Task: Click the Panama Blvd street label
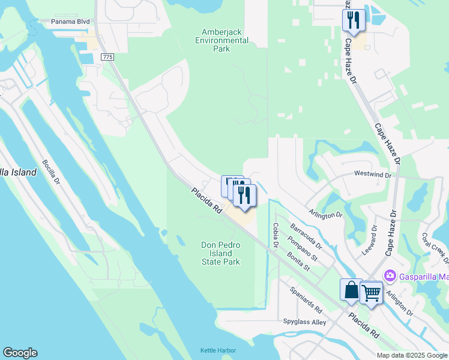(x=70, y=22)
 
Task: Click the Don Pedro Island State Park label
(x=220, y=253)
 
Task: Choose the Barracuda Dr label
(x=306, y=236)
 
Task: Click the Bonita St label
(x=302, y=261)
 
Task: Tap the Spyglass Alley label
(x=304, y=322)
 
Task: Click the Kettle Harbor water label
(x=218, y=350)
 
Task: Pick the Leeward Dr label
(x=373, y=240)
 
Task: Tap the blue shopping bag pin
(x=351, y=290)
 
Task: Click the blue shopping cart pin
(x=371, y=293)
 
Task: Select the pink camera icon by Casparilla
(x=391, y=275)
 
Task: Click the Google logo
(x=20, y=353)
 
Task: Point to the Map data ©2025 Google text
(x=412, y=355)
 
